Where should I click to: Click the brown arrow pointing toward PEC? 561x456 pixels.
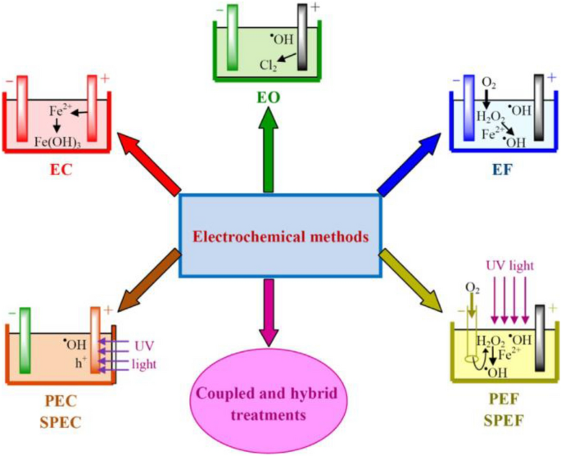coord(152,278)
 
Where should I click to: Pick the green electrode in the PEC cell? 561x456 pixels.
coord(24,341)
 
